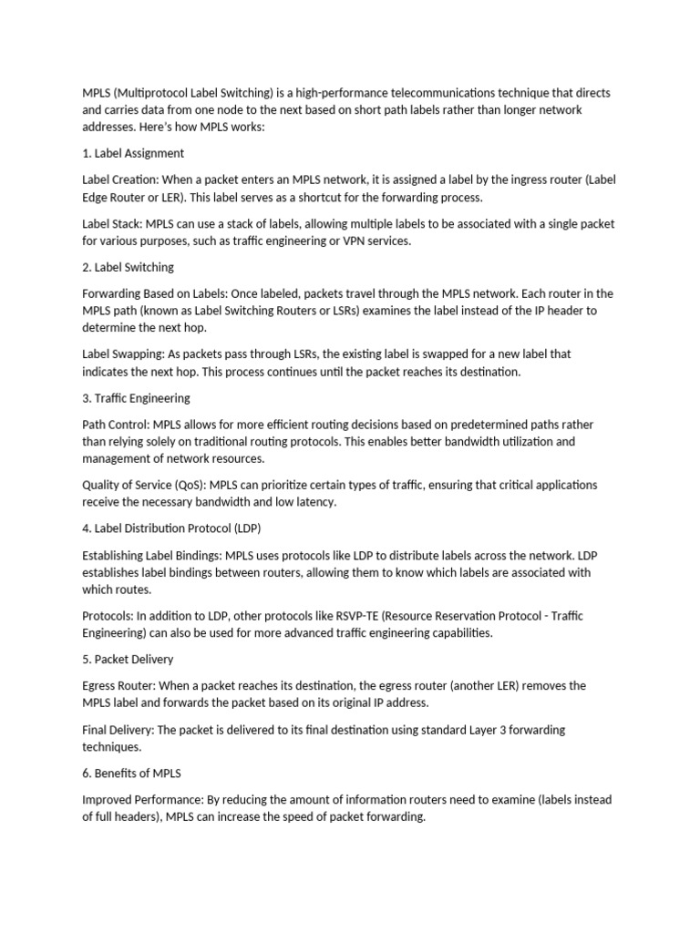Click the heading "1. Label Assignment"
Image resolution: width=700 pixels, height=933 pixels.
click(x=133, y=153)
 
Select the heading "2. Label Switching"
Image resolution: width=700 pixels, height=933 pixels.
click(x=128, y=267)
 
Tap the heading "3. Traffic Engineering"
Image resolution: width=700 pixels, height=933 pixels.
click(x=136, y=398)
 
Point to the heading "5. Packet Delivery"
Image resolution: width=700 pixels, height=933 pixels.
click(x=128, y=659)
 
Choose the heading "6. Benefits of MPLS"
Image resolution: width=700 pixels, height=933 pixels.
click(x=131, y=774)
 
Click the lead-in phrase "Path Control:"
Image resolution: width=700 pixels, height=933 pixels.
click(x=116, y=425)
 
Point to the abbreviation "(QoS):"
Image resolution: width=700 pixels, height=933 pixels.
click(x=187, y=485)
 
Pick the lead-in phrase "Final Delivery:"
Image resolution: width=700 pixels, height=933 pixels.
click(x=119, y=730)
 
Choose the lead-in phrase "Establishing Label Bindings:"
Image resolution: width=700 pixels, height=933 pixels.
click(x=152, y=555)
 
